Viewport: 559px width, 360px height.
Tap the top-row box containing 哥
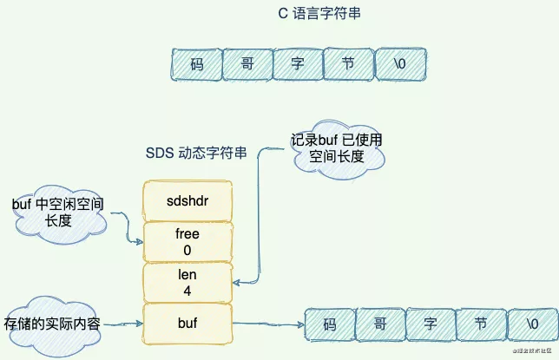pyautogui.click(x=247, y=63)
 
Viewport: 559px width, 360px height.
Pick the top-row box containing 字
pyautogui.click(x=297, y=63)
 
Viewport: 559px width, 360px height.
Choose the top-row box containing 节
pyautogui.click(x=347, y=63)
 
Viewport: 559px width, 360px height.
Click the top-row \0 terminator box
pyautogui.click(x=398, y=63)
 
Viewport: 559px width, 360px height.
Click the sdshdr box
pyautogui.click(x=187, y=200)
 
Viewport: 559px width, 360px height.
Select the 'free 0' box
pyautogui.click(x=187, y=242)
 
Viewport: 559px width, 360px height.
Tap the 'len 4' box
pyautogui.click(x=187, y=283)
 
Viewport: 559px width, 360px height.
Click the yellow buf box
pyautogui.click(x=187, y=324)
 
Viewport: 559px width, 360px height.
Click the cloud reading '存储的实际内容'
pyautogui.click(x=52, y=324)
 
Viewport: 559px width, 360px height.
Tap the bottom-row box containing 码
pyautogui.click(x=329, y=324)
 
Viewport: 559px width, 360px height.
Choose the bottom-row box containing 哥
pyautogui.click(x=379, y=324)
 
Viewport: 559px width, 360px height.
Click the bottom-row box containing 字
pyautogui.click(x=430, y=324)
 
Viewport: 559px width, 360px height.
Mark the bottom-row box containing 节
pyautogui.click(x=480, y=324)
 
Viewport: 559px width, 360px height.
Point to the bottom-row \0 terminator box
pyautogui.click(x=530, y=324)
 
